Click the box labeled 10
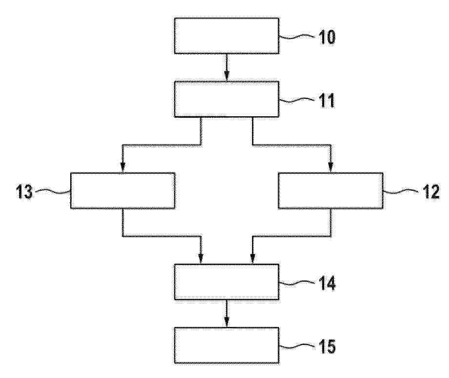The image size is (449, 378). coord(227,36)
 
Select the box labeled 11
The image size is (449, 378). coord(227,99)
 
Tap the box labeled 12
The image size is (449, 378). coord(331,191)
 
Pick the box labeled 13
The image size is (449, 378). coord(123,191)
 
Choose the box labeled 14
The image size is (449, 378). coord(227,282)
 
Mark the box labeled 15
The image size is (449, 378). coord(227,345)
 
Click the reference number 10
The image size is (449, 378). coord(327,37)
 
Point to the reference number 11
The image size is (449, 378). coord(327,101)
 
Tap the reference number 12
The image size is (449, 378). coord(430,192)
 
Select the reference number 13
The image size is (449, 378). coord(24,192)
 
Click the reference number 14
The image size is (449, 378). coord(327,284)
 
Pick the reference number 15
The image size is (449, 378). coord(327,347)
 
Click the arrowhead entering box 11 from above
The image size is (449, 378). coord(227,76)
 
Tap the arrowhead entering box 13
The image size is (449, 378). coord(123,167)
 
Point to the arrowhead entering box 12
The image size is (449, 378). coord(331,167)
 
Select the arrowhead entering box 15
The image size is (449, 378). coord(227,323)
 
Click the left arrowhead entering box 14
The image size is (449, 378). coord(201,259)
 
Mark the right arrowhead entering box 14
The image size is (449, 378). coord(253,259)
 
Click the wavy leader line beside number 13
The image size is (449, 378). coord(52,191)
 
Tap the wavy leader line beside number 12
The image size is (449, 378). coord(401,192)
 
